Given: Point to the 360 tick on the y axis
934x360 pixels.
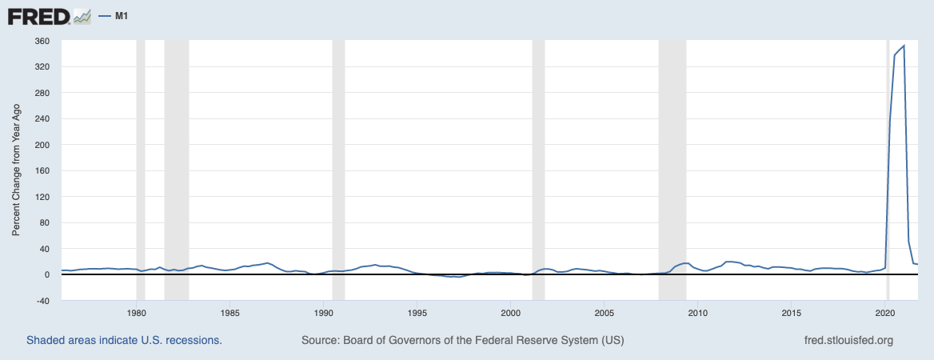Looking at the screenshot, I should (x=42, y=41).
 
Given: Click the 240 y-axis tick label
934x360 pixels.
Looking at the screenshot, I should (x=42, y=119).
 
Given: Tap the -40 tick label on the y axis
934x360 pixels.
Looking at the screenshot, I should (x=42, y=301).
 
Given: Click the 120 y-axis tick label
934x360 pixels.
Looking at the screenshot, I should (x=42, y=197).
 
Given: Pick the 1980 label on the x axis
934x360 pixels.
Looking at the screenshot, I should (x=137, y=313).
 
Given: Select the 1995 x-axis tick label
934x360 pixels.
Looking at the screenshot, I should (x=417, y=313).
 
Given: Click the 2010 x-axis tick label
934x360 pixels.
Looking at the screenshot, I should (x=698, y=313).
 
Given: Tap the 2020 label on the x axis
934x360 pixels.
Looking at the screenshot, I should (x=885, y=313).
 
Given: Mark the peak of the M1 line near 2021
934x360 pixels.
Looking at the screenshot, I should (x=904, y=46).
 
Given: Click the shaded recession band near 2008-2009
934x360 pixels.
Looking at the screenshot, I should (x=673, y=160).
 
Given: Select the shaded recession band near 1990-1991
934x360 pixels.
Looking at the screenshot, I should (x=338, y=160).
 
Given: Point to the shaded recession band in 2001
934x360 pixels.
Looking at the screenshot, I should (x=538, y=160).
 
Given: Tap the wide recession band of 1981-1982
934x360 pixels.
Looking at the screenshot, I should (x=176, y=160).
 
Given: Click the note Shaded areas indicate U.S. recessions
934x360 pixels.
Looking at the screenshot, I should (x=124, y=340).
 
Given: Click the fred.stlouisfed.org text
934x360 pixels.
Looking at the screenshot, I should (x=848, y=340).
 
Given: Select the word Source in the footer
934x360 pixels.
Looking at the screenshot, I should (x=318, y=340).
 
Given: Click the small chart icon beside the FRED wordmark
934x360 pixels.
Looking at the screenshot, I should (x=82, y=16).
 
